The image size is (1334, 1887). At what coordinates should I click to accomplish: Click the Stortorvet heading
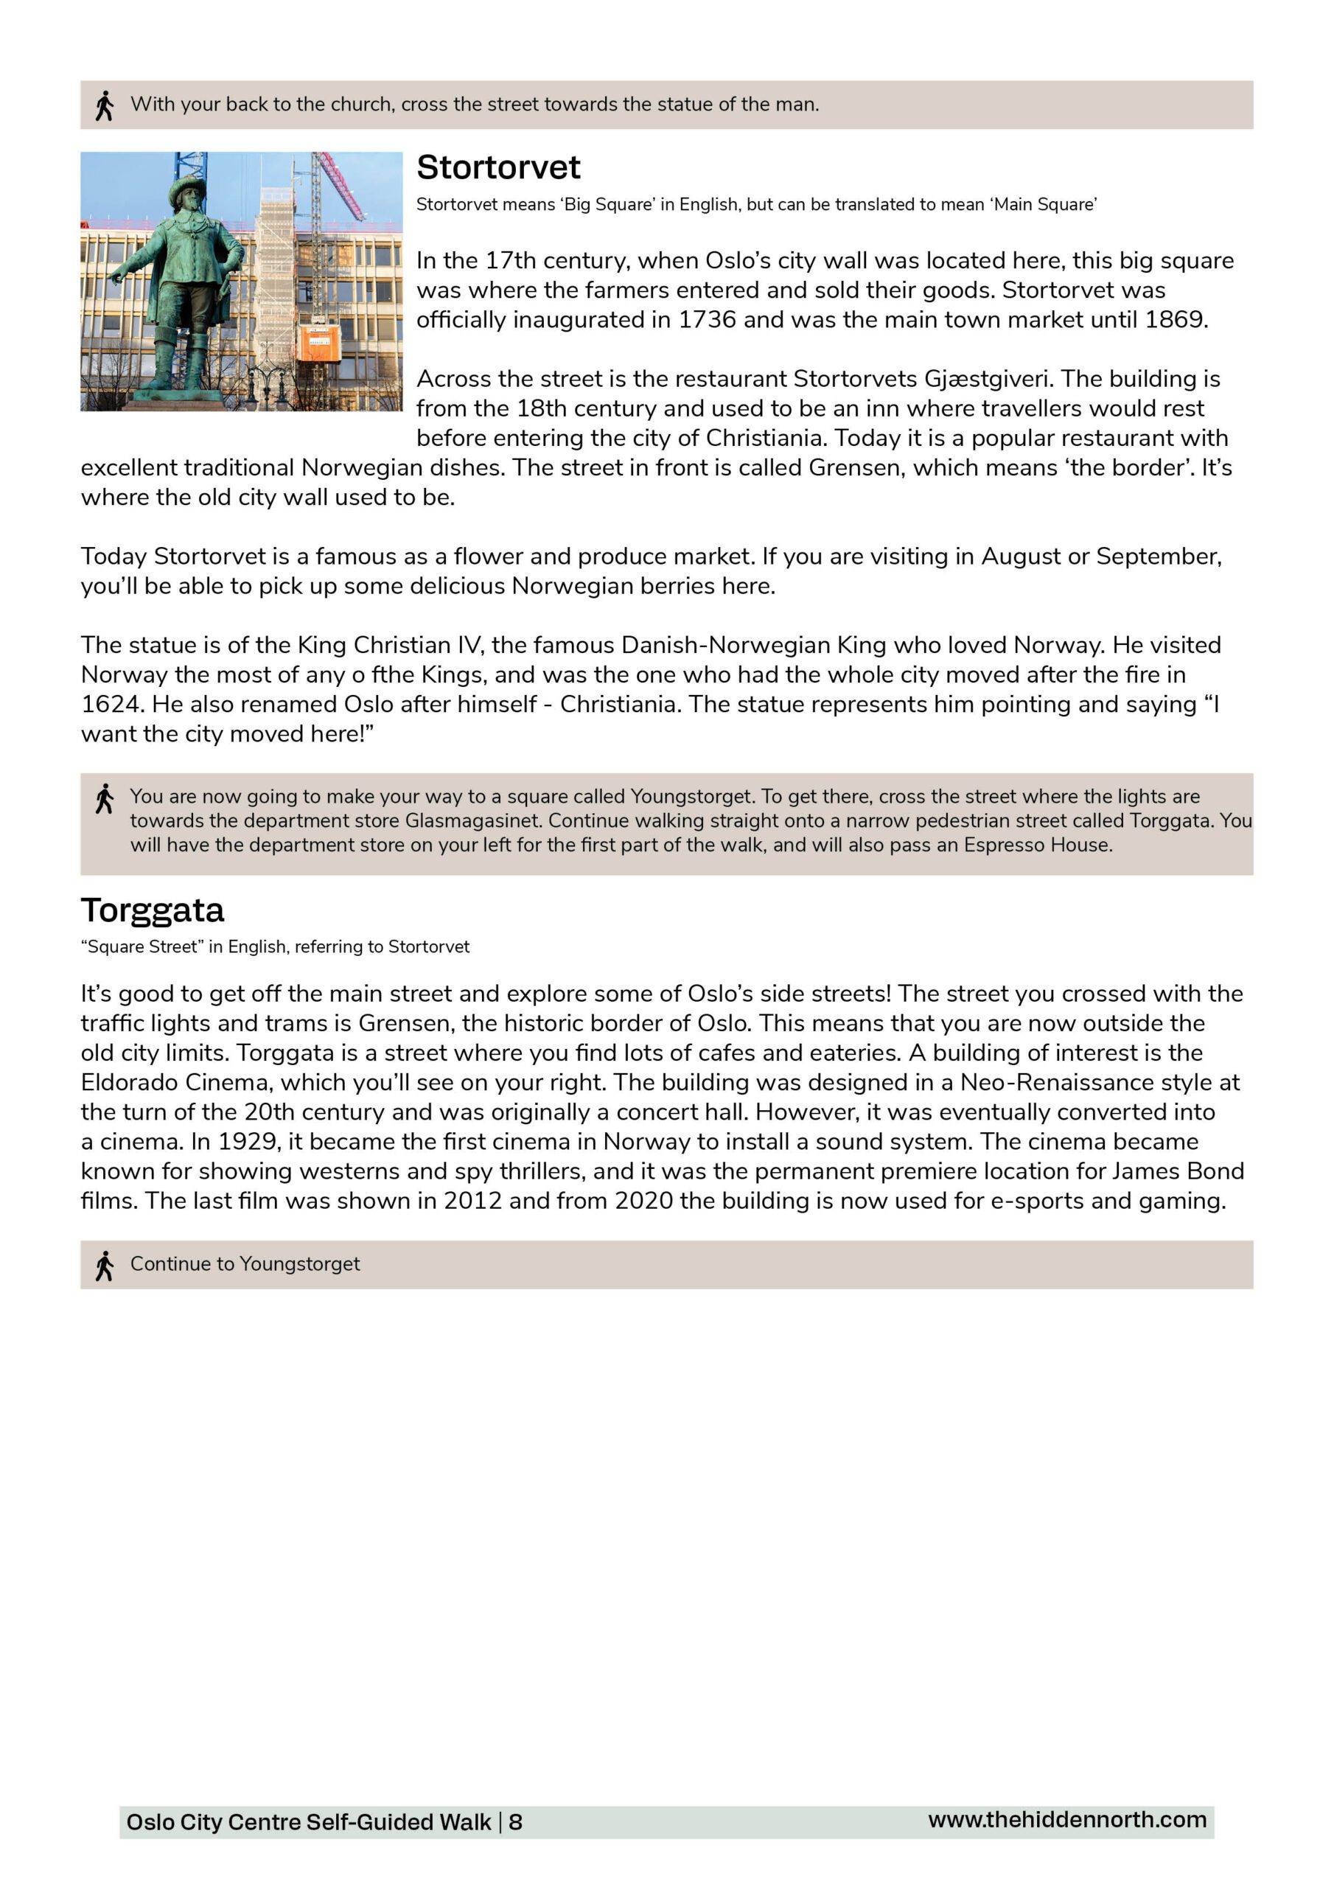498,167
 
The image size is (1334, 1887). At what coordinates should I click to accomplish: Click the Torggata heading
152,910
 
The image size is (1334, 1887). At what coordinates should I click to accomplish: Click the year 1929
247,1142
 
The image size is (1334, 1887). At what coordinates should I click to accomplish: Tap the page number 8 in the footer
515,1822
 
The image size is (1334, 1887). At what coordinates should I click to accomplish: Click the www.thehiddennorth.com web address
1067,1820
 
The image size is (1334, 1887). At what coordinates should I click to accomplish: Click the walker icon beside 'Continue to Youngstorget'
105,1266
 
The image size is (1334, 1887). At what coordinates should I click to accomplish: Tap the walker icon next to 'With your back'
105,106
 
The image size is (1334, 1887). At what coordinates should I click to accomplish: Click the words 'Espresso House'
1037,845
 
